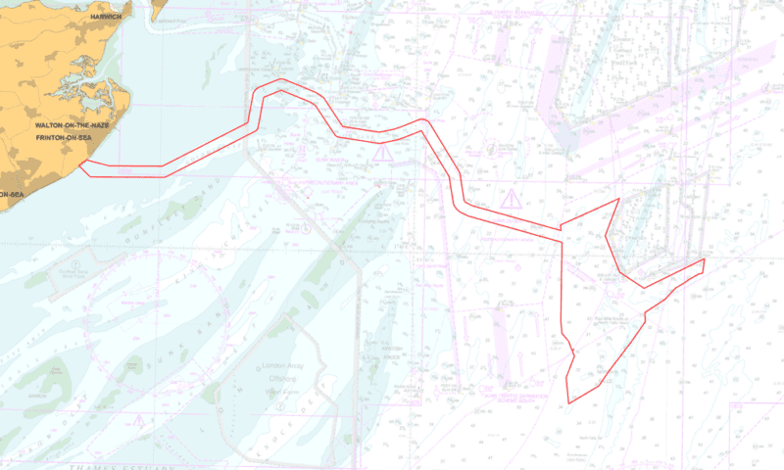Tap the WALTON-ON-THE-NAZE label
[72, 127]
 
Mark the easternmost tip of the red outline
[705, 259]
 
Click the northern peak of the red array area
[618, 200]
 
